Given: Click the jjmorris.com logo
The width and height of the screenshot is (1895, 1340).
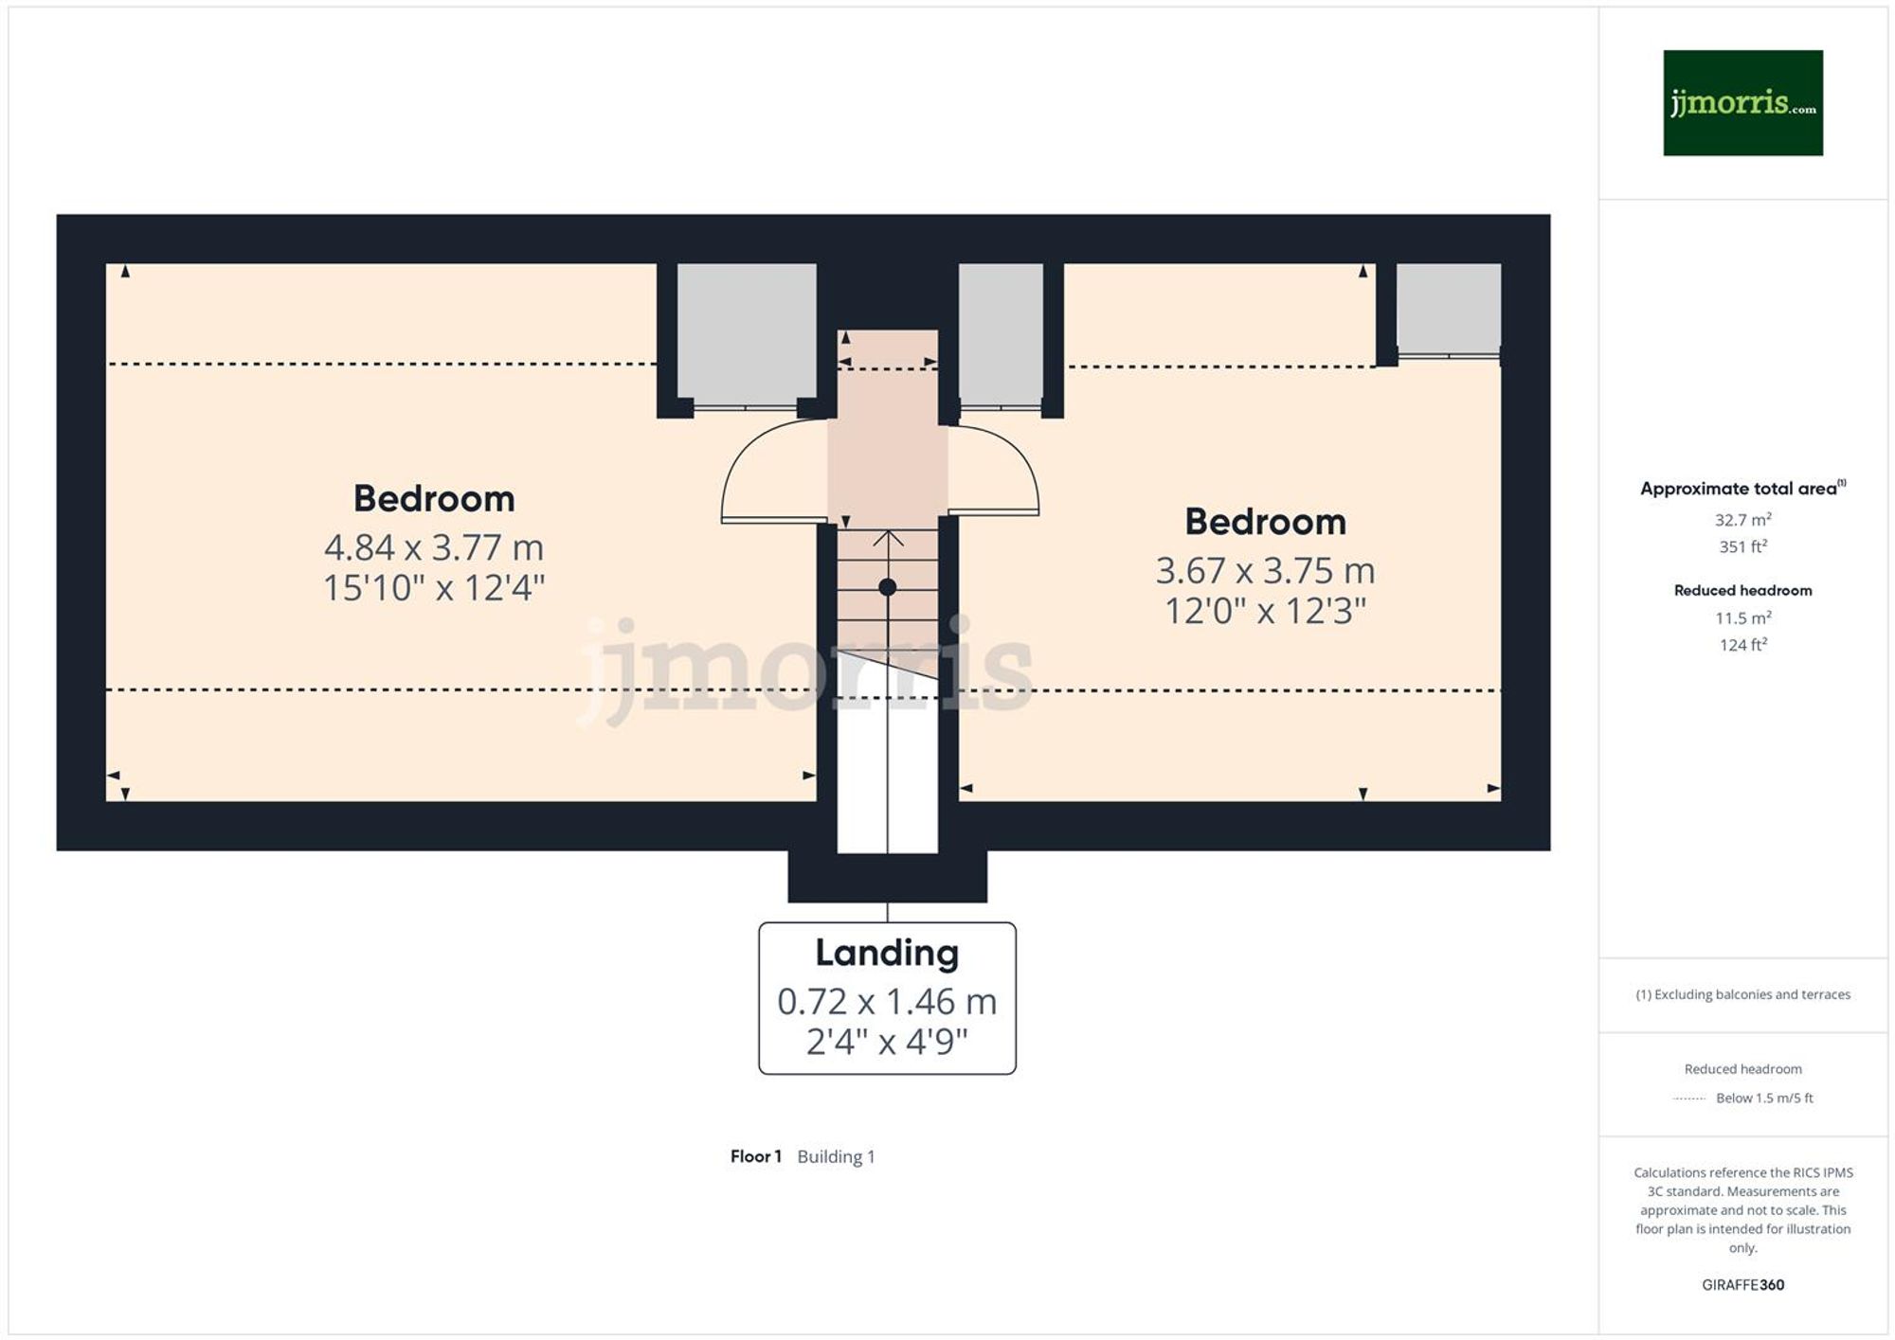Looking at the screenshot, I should tap(1742, 102).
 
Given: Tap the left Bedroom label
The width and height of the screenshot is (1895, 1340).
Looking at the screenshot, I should tap(434, 498).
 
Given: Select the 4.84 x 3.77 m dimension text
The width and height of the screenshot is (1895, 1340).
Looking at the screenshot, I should tap(434, 547).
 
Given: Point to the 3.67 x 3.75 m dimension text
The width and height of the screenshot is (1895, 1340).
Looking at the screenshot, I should tap(1265, 570).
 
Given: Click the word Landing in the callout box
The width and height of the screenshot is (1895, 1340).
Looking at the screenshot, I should tap(887, 953).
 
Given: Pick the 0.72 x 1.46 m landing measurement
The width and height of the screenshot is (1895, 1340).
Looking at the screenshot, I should tap(887, 1001).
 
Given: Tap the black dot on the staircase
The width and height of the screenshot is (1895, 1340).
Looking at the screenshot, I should tap(887, 587).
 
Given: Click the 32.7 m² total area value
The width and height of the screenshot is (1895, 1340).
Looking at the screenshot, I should tap(1742, 520).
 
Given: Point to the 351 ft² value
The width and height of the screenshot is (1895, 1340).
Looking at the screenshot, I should tap(1742, 546).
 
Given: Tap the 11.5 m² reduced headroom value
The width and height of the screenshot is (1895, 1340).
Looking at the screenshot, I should tap(1742, 618).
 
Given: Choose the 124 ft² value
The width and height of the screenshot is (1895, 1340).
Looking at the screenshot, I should tap(1742, 645).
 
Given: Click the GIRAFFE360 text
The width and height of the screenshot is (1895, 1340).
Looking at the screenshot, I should tap(1742, 1285).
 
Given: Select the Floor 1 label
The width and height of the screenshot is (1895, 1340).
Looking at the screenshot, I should tap(755, 1156).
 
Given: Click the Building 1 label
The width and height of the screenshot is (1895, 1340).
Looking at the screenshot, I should tap(836, 1156).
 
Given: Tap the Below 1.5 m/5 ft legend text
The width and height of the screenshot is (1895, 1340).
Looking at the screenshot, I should tap(1764, 1099).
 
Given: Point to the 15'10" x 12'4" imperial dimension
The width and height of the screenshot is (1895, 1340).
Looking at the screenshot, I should tap(434, 588).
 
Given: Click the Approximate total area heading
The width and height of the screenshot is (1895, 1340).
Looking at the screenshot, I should tap(1739, 489).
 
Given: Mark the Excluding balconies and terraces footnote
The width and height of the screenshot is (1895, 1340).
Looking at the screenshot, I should tap(1742, 994).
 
